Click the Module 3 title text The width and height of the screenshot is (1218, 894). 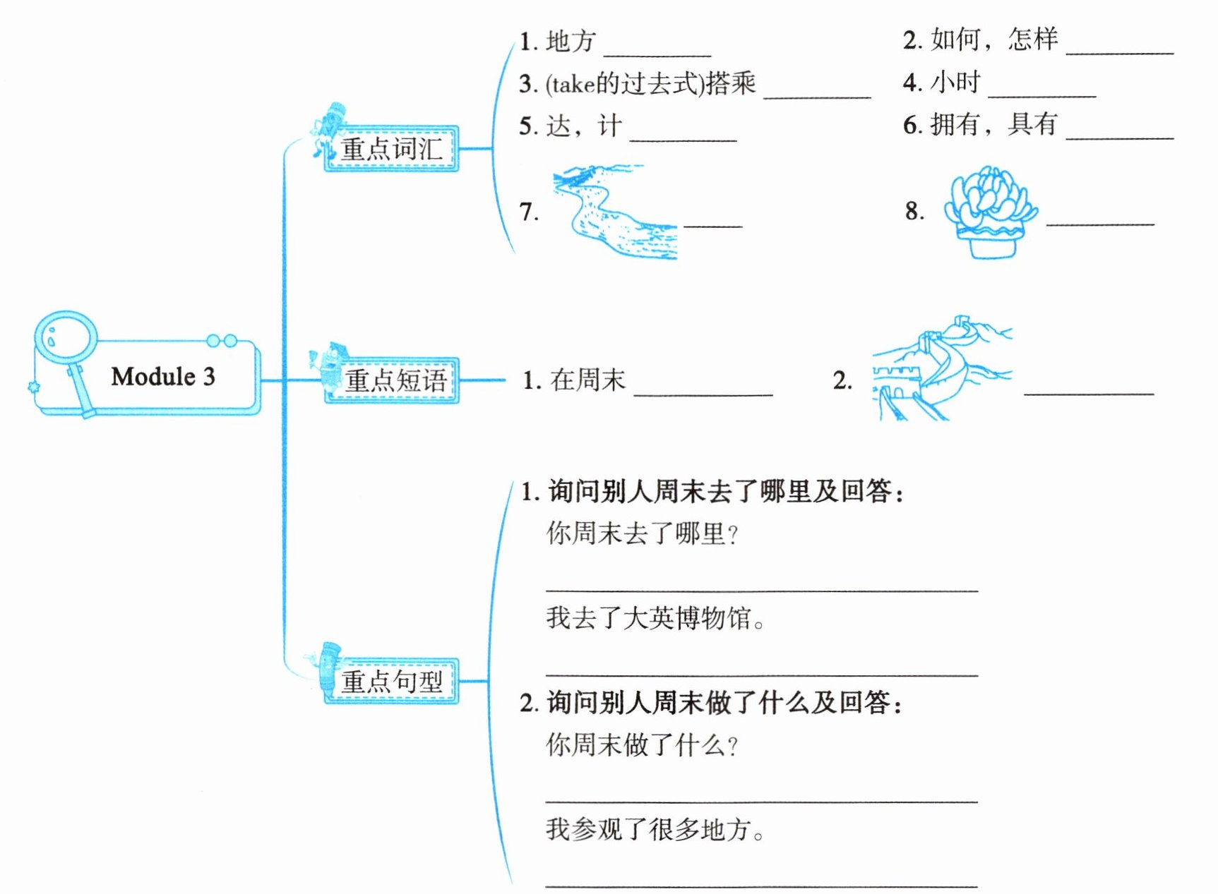[x=163, y=377]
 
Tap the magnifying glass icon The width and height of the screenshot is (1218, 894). [x=65, y=343]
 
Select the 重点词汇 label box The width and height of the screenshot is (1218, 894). [x=391, y=149]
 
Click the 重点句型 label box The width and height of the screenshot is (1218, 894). [x=392, y=682]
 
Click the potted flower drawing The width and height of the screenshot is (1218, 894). [x=991, y=212]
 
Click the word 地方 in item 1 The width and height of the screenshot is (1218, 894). [x=571, y=41]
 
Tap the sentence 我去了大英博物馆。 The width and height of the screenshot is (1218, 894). [x=655, y=619]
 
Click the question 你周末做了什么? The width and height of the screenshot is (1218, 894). [x=642, y=745]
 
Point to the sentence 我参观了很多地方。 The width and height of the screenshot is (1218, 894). [x=655, y=830]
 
